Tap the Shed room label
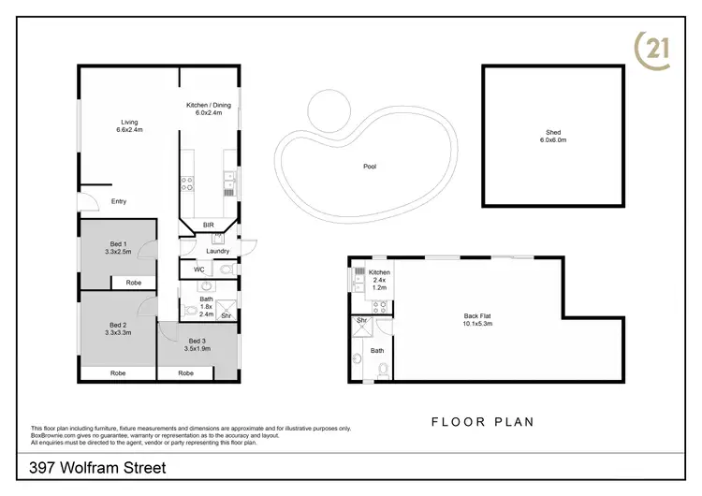click(x=552, y=135)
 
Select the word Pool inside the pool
click(x=371, y=167)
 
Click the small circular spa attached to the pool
click(x=329, y=111)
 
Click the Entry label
click(x=119, y=201)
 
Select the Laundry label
click(x=217, y=251)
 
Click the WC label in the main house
click(x=199, y=270)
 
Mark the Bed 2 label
click(x=118, y=328)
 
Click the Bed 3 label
click(x=197, y=343)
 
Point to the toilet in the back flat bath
click(x=381, y=372)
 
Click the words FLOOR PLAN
click(x=482, y=422)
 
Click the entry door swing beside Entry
click(x=86, y=197)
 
